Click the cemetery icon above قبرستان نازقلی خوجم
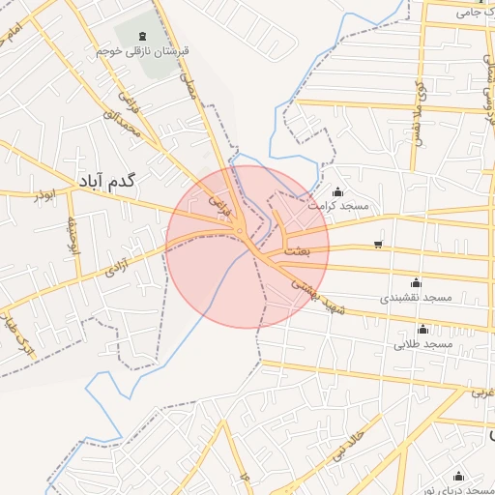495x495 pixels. coord(130,36)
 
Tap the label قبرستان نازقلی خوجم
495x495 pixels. coord(130,50)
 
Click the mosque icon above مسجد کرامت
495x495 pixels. coord(337,190)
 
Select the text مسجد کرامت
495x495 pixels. coord(338,206)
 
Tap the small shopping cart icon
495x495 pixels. coord(376,244)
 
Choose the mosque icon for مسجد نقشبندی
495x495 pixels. coord(416,282)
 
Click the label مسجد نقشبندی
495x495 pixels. coord(416,298)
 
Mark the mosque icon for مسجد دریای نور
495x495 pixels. coord(458,476)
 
